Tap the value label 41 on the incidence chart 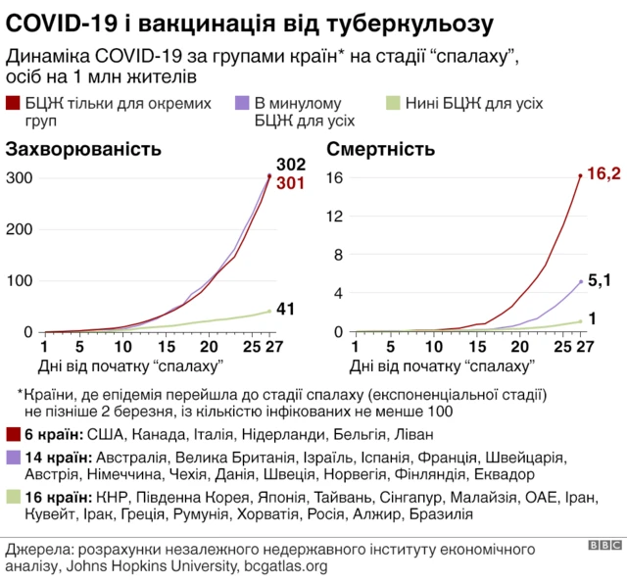point(285,310)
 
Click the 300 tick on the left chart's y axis point(20,177)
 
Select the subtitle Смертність point(380,149)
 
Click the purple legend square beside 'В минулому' point(242,102)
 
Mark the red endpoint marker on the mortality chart point(580,176)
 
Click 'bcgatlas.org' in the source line point(284,565)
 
